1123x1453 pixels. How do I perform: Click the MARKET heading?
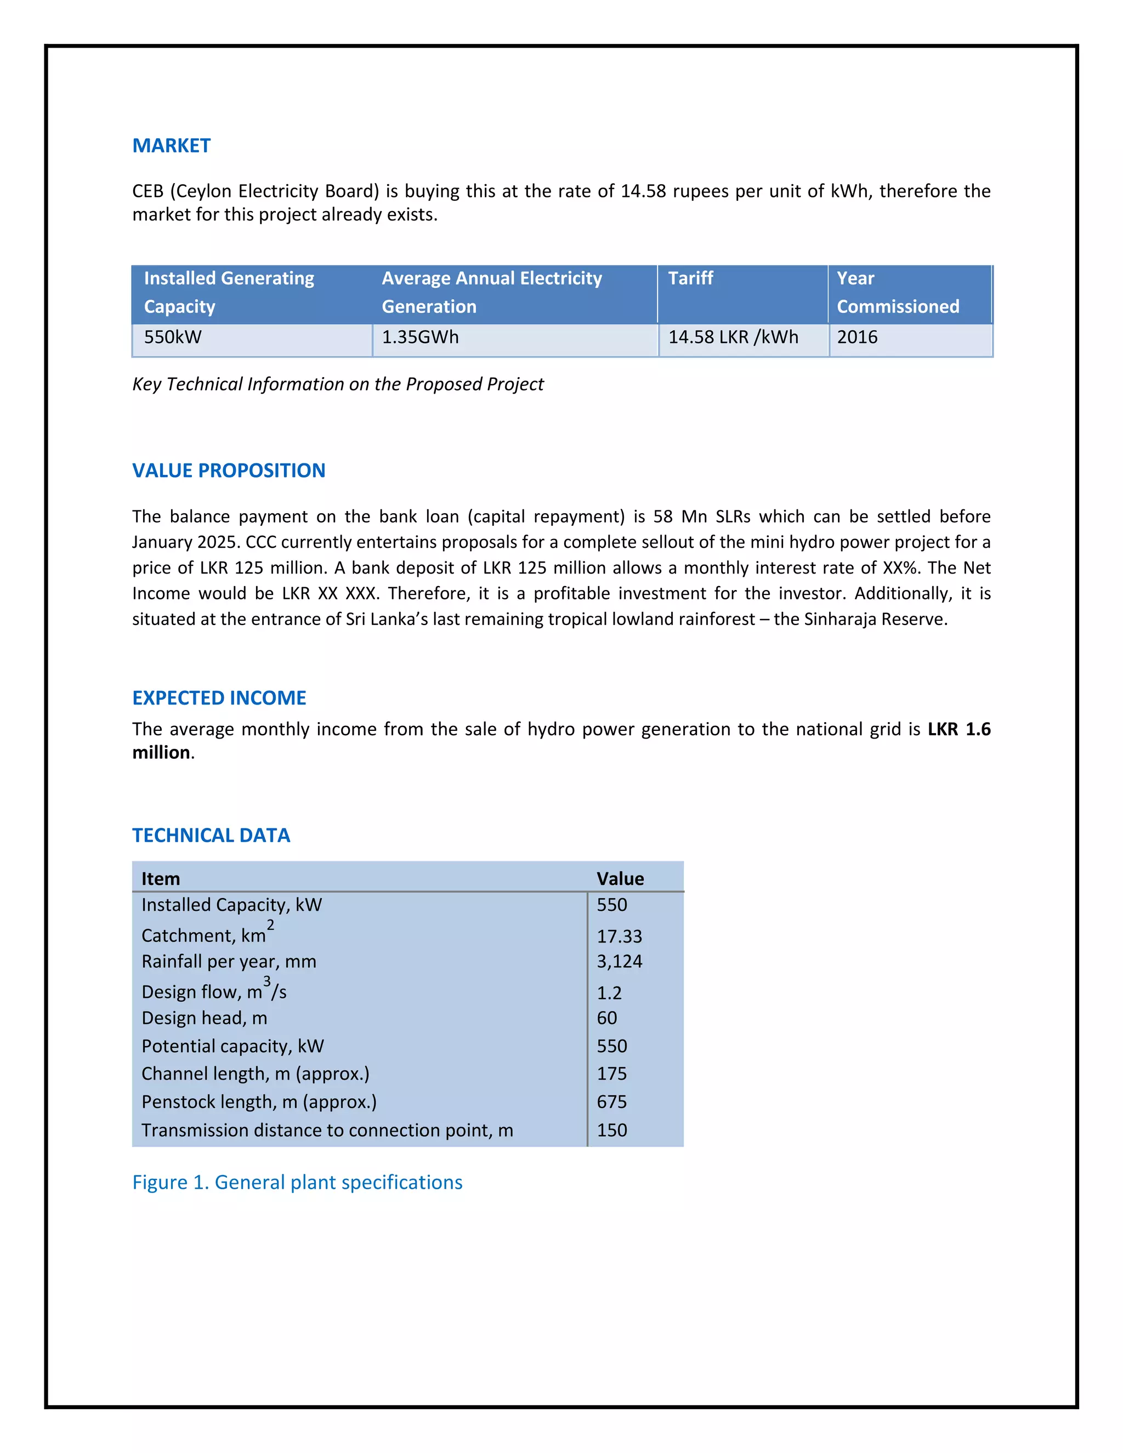pyautogui.click(x=171, y=146)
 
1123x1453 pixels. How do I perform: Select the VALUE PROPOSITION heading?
pyautogui.click(x=228, y=470)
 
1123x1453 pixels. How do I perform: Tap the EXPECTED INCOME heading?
pyautogui.click(x=219, y=698)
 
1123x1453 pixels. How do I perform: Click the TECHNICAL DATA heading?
pyautogui.click(x=211, y=835)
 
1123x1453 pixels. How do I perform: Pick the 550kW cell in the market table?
pyautogui.click(x=173, y=337)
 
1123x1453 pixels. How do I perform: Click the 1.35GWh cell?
pyautogui.click(x=420, y=337)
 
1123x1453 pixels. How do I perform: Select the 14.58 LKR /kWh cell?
pyautogui.click(x=733, y=337)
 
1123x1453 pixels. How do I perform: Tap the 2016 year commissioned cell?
pyautogui.click(x=857, y=337)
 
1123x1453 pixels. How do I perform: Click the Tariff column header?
pyautogui.click(x=690, y=279)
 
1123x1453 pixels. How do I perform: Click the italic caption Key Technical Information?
pyautogui.click(x=338, y=384)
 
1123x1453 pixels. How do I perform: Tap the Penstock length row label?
pyautogui.click(x=259, y=1103)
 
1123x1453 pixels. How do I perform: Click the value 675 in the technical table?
pyautogui.click(x=611, y=1103)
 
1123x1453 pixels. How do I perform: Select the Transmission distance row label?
pyautogui.click(x=327, y=1131)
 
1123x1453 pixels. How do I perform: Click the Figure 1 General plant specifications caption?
pyautogui.click(x=297, y=1182)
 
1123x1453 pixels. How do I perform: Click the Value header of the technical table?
pyautogui.click(x=620, y=879)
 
